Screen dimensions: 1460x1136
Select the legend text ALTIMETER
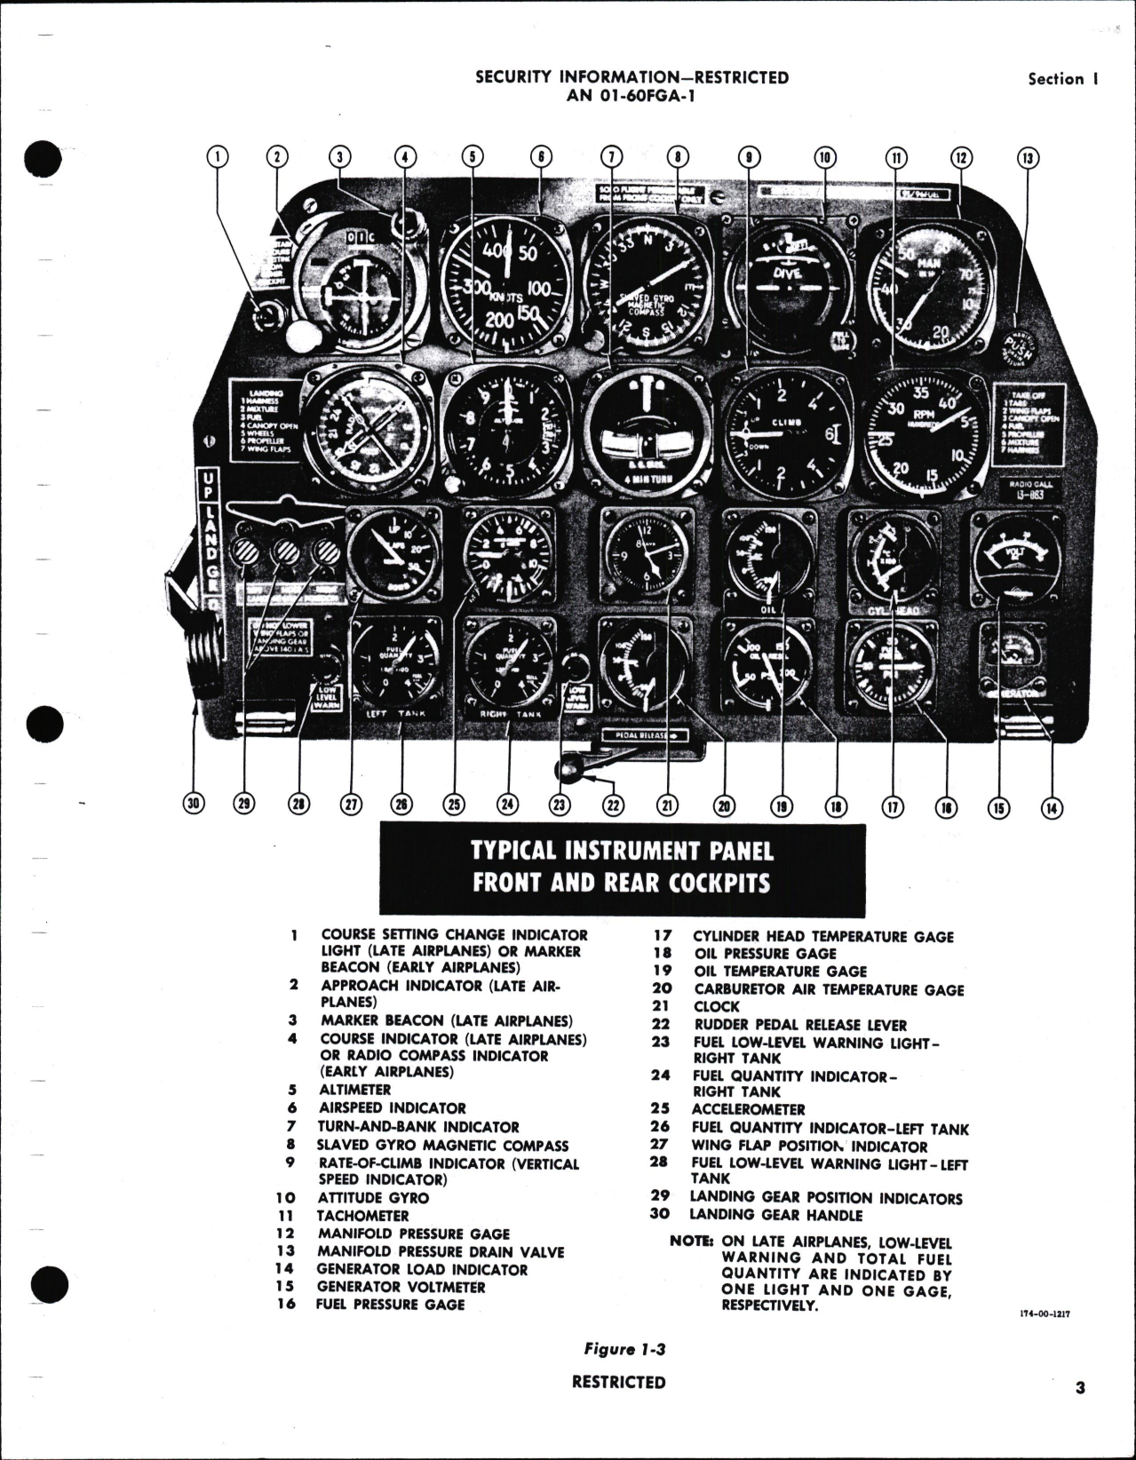(x=355, y=1090)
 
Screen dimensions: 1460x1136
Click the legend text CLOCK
(x=717, y=1006)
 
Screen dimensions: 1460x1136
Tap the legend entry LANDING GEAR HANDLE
(x=776, y=1215)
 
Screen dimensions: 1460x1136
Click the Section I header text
(x=1063, y=79)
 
